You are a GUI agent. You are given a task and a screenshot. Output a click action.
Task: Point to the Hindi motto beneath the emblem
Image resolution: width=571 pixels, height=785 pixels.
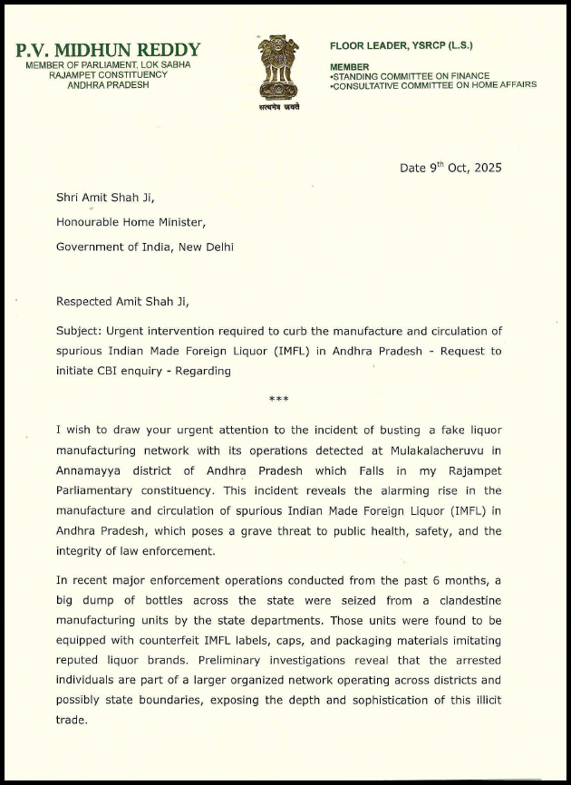point(278,107)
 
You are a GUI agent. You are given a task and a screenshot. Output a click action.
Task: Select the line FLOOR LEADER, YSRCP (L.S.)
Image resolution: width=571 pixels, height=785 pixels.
point(401,45)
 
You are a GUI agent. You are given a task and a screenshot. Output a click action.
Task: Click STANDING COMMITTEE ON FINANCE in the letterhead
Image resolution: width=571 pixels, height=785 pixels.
point(411,76)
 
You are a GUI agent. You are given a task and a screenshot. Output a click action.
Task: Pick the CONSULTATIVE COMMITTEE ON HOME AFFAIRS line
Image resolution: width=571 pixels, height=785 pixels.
point(434,85)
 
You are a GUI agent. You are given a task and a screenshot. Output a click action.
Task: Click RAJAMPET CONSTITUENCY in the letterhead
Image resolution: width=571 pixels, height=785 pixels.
point(108,74)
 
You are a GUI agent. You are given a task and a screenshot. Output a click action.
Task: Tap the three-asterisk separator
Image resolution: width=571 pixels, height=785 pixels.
point(278,400)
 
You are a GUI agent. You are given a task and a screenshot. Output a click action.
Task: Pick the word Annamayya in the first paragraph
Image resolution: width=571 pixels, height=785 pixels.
point(92,470)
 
